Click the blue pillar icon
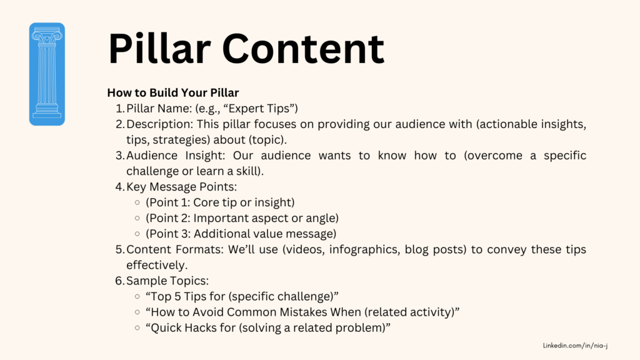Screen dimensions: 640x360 pos(47,74)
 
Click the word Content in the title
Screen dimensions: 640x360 pos(303,49)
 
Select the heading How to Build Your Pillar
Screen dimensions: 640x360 pos(172,92)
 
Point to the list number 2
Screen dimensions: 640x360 pos(119,124)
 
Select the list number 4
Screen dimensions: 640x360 pos(119,187)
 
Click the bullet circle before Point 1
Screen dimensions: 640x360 pos(137,202)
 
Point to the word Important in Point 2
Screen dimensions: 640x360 pos(218,218)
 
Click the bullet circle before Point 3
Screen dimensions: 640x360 pos(137,234)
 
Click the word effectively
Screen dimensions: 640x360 pos(157,265)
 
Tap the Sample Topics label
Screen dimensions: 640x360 pos(167,281)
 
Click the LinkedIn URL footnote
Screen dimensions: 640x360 pos(575,346)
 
